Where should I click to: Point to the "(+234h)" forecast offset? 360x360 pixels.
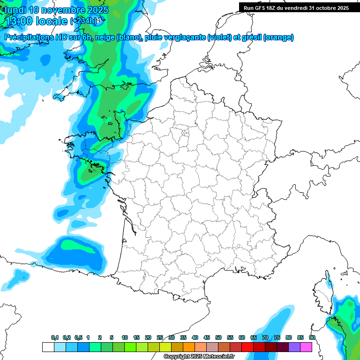[x=84, y=21]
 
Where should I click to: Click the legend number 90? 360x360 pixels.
[x=312, y=337]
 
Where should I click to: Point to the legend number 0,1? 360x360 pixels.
[x=54, y=337]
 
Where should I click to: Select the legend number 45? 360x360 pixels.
[x=207, y=337]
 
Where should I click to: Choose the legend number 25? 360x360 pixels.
[x=160, y=337]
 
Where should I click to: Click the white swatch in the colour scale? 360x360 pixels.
[x=48, y=347]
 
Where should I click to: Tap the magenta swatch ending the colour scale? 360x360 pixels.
[x=306, y=347]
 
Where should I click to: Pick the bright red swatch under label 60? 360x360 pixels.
[x=247, y=347]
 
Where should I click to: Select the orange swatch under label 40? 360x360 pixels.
[x=189, y=347]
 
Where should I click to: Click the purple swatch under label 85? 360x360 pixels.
[x=294, y=347]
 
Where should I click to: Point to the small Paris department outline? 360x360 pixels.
[x=185, y=133]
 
